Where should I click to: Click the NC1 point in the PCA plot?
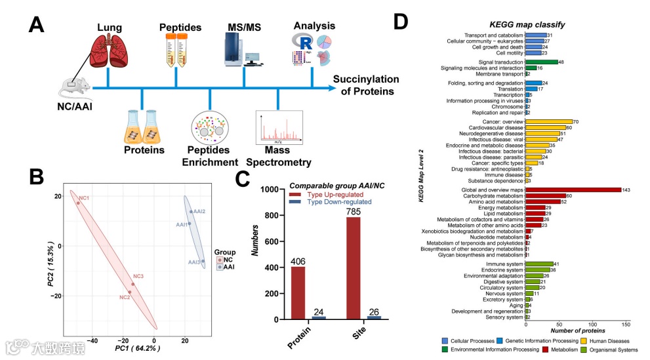tap(78, 203)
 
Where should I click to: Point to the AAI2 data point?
tap(192, 212)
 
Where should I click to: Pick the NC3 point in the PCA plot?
tap(132, 285)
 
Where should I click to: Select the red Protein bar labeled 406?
tap(298, 292)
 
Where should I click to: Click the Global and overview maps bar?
tap(573, 190)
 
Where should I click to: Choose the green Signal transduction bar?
tap(541, 62)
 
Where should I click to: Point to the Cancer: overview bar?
tap(548, 121)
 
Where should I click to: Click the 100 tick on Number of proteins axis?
tap(592, 324)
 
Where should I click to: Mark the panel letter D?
tap(401, 22)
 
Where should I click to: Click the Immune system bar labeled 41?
tap(539, 263)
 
